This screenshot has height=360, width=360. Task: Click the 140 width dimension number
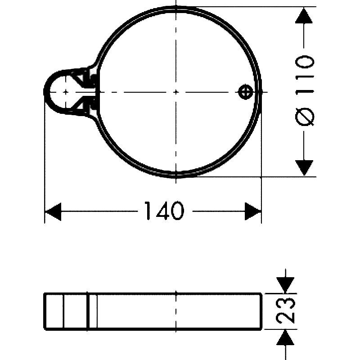click(x=164, y=211)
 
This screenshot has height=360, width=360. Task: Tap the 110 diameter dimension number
click(x=305, y=75)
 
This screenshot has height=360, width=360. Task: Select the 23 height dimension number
click(x=286, y=310)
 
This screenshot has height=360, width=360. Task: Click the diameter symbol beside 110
click(x=305, y=117)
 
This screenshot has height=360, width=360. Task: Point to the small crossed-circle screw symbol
click(x=246, y=92)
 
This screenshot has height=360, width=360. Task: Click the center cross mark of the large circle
click(x=176, y=92)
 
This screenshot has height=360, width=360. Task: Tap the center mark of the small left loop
click(x=66, y=92)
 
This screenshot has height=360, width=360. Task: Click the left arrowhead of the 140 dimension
click(x=53, y=211)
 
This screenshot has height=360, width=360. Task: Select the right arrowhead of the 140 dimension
click(x=253, y=211)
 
